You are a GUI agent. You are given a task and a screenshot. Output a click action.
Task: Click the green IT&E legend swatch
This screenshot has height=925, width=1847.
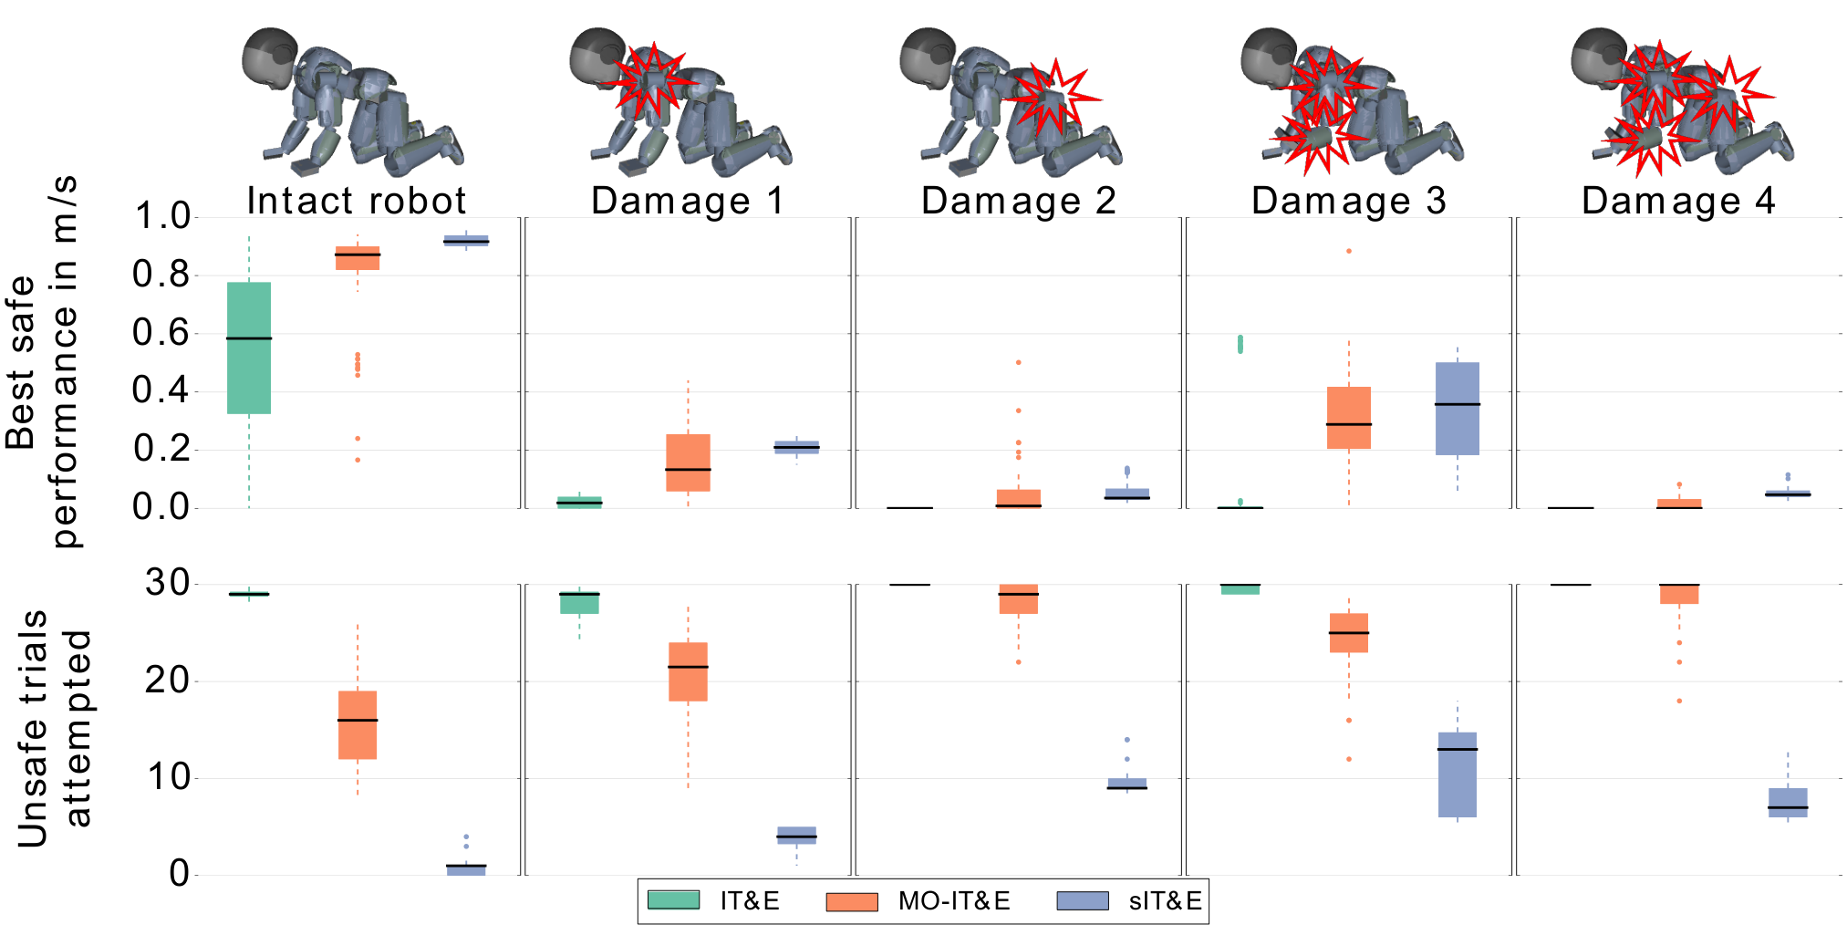673,900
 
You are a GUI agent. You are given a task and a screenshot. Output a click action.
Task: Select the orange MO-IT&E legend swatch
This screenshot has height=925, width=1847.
852,901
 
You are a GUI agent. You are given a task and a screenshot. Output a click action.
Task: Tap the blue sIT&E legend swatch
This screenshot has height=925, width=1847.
1083,901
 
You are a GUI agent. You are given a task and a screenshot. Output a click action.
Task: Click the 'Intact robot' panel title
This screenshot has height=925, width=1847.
357,201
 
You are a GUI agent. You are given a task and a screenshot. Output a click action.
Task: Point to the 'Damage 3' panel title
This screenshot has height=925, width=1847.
1349,201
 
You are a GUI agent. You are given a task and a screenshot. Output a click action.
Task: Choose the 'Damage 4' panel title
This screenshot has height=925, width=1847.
1679,201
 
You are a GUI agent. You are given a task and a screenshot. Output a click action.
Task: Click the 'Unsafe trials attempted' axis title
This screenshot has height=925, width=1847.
54,729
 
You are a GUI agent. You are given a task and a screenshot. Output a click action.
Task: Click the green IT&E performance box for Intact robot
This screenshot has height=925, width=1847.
249,348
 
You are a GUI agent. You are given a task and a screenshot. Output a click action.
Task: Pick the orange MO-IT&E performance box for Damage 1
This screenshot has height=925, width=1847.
688,462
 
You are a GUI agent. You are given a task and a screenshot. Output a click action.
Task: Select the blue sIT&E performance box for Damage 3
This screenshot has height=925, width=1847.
1458,409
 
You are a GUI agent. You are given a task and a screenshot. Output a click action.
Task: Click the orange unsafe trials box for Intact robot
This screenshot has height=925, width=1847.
358,725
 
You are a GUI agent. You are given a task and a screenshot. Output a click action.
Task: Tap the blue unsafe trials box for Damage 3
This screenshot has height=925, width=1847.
1458,774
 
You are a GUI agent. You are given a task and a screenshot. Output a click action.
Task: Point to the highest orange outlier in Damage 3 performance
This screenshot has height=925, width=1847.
1349,251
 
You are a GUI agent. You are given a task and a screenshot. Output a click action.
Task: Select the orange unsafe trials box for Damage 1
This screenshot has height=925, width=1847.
688,671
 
